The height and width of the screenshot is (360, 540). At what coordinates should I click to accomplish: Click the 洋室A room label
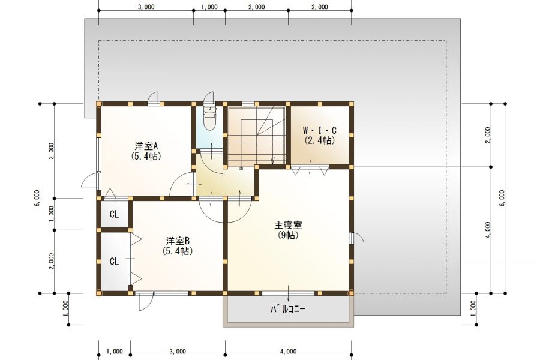[x=146, y=146]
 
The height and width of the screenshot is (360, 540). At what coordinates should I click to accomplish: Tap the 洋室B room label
[x=178, y=241]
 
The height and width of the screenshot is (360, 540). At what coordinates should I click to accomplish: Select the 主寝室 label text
[x=288, y=226]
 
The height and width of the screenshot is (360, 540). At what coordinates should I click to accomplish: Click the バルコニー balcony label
[x=288, y=310]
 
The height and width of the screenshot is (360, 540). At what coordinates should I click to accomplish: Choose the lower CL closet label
[x=114, y=262]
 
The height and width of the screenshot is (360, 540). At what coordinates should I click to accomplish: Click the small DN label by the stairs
[x=241, y=169]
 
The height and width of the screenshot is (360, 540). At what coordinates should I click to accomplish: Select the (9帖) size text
[x=288, y=235]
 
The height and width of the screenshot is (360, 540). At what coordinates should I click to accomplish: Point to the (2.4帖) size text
[x=319, y=140]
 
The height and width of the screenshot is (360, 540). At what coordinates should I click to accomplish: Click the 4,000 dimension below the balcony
[x=288, y=351]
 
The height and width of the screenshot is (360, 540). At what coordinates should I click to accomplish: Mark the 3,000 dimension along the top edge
[x=146, y=7]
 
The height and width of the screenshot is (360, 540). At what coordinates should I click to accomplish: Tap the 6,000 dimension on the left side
[x=37, y=198]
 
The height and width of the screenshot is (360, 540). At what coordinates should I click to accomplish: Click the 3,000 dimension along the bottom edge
[x=178, y=351]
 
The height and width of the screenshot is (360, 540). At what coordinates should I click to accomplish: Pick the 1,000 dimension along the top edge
[x=209, y=7]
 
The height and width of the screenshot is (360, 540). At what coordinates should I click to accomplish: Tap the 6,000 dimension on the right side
[x=502, y=198]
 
